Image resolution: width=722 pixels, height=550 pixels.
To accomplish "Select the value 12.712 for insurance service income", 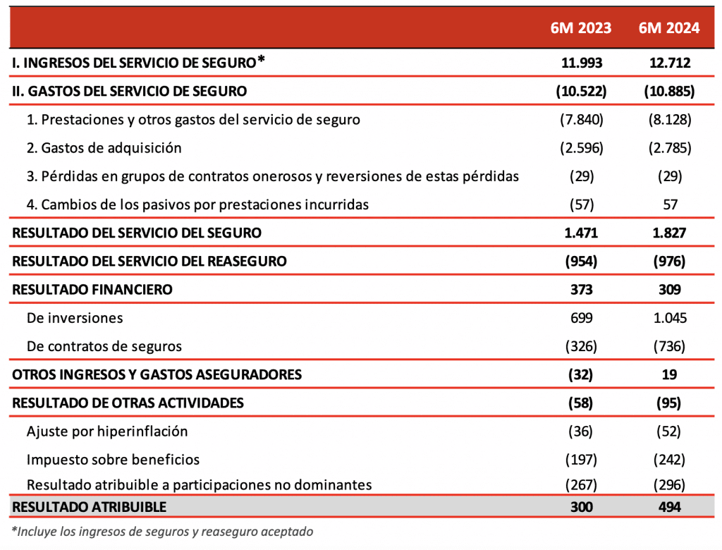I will pos(669,63).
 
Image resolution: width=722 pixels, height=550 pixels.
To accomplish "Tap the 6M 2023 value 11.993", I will pos(581,63).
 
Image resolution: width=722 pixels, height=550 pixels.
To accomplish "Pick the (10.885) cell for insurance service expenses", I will pos(669,91).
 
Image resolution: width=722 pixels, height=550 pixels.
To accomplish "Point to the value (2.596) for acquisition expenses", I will pos(581,148).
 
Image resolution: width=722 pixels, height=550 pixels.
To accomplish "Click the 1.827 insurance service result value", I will pos(669,233).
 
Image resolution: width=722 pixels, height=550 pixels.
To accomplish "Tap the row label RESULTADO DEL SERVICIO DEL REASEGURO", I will pos(149,261).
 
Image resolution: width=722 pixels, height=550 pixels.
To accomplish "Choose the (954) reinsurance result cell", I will pos(581,261).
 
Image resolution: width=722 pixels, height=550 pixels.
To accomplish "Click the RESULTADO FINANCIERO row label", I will pos(92,289).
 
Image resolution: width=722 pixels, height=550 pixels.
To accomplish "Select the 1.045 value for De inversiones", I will pos(669,318).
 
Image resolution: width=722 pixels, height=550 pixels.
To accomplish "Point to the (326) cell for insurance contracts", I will pos(581,346).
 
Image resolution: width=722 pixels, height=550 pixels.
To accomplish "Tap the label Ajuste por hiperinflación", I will pos(107,431).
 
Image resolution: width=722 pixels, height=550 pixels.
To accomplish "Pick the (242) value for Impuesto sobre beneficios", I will pos(669,460).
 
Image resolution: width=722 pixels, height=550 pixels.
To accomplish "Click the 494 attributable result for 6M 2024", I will pos(669,507).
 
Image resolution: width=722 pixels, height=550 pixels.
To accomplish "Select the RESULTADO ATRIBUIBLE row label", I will pos(90,507).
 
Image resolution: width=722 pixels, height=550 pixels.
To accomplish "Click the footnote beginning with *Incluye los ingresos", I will pos(162,532).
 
